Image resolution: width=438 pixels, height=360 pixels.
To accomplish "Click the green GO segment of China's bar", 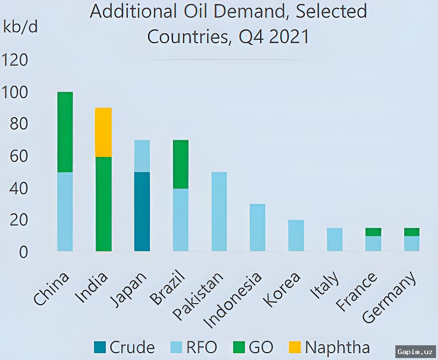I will pos(65,132).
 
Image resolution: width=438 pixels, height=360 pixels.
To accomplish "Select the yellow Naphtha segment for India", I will pos(103,132).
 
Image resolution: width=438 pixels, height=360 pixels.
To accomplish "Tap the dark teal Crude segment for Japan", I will pos(142,211).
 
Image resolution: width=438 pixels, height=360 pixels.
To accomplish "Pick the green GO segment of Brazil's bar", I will pos(181,164).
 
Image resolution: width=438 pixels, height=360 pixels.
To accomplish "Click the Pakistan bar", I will pos(219,211).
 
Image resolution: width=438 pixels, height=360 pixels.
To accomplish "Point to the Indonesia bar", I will pos(258,228).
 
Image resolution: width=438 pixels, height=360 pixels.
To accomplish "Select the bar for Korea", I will pos(296,235).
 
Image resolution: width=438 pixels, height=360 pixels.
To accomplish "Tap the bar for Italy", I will pos(335,239).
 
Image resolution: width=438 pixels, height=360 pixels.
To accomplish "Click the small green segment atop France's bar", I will pos(373,232).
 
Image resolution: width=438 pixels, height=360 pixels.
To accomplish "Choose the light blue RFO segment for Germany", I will pos(412,243).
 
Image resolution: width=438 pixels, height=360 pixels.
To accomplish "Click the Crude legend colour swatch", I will pos(99,347).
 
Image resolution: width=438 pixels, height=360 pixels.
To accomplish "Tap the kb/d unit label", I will pos(21,27).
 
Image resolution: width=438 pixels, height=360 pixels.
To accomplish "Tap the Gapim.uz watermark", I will pos(415,352).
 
